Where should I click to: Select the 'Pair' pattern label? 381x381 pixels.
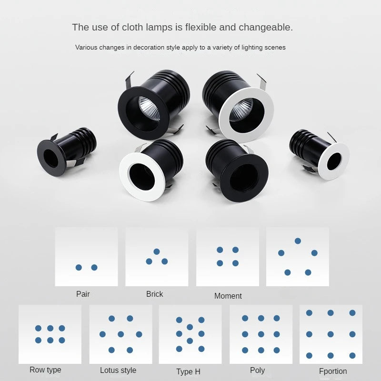click(83, 294)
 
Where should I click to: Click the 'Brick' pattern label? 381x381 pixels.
click(154, 294)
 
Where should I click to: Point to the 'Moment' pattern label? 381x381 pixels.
click(228, 296)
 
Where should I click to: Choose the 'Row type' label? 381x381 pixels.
click(45, 370)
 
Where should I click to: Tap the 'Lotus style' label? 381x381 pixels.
click(118, 371)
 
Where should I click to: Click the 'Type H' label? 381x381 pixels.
click(188, 372)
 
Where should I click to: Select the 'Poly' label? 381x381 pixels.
click(257, 371)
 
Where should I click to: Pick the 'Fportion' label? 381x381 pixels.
click(333, 371)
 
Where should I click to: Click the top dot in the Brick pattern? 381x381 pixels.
click(157, 251)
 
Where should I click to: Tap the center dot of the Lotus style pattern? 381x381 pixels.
click(121, 334)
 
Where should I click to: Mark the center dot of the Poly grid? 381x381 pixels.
click(261, 334)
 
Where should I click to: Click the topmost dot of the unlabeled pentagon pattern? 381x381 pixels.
click(298, 241)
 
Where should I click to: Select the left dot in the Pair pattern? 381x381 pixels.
click(79, 268)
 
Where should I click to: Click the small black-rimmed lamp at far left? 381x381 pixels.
click(66, 151)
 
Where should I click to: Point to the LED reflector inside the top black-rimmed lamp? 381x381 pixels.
click(149, 108)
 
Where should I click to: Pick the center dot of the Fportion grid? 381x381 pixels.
click(331, 334)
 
